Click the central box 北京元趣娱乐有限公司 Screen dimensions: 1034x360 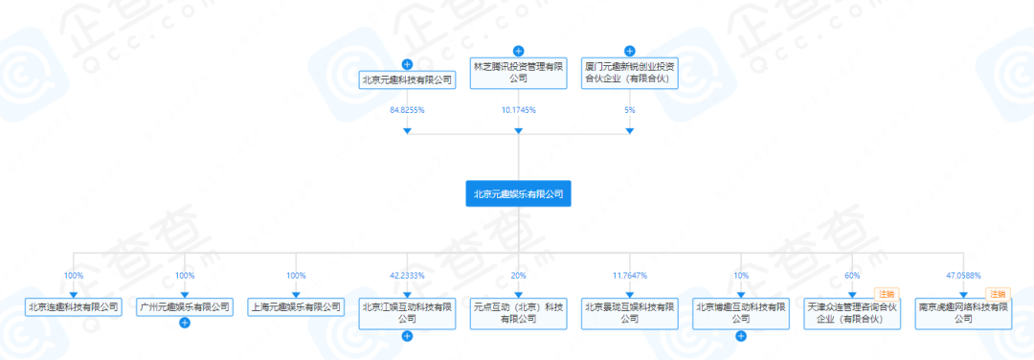point(518,194)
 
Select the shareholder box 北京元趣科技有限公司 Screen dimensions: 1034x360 point(407,80)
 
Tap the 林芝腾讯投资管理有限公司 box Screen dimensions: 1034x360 point(518,74)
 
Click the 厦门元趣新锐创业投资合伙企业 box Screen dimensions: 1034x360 point(629,74)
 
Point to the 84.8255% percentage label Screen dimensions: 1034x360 point(407,110)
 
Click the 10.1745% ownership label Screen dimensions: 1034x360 point(518,110)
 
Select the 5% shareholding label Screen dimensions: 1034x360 point(629,110)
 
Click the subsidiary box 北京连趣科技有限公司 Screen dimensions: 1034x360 point(74,307)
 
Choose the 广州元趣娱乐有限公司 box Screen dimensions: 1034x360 point(185,307)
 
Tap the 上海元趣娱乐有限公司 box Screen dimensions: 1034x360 point(296,307)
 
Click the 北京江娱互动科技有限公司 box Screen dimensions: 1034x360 point(407,313)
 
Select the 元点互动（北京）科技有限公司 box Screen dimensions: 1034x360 point(518,313)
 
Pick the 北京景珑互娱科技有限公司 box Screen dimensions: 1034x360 point(629,313)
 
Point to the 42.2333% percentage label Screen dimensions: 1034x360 point(407,276)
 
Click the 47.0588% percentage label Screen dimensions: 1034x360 point(962,276)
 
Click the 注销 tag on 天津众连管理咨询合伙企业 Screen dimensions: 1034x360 point(887,294)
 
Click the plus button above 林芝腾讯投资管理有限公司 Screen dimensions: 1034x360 point(518,51)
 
